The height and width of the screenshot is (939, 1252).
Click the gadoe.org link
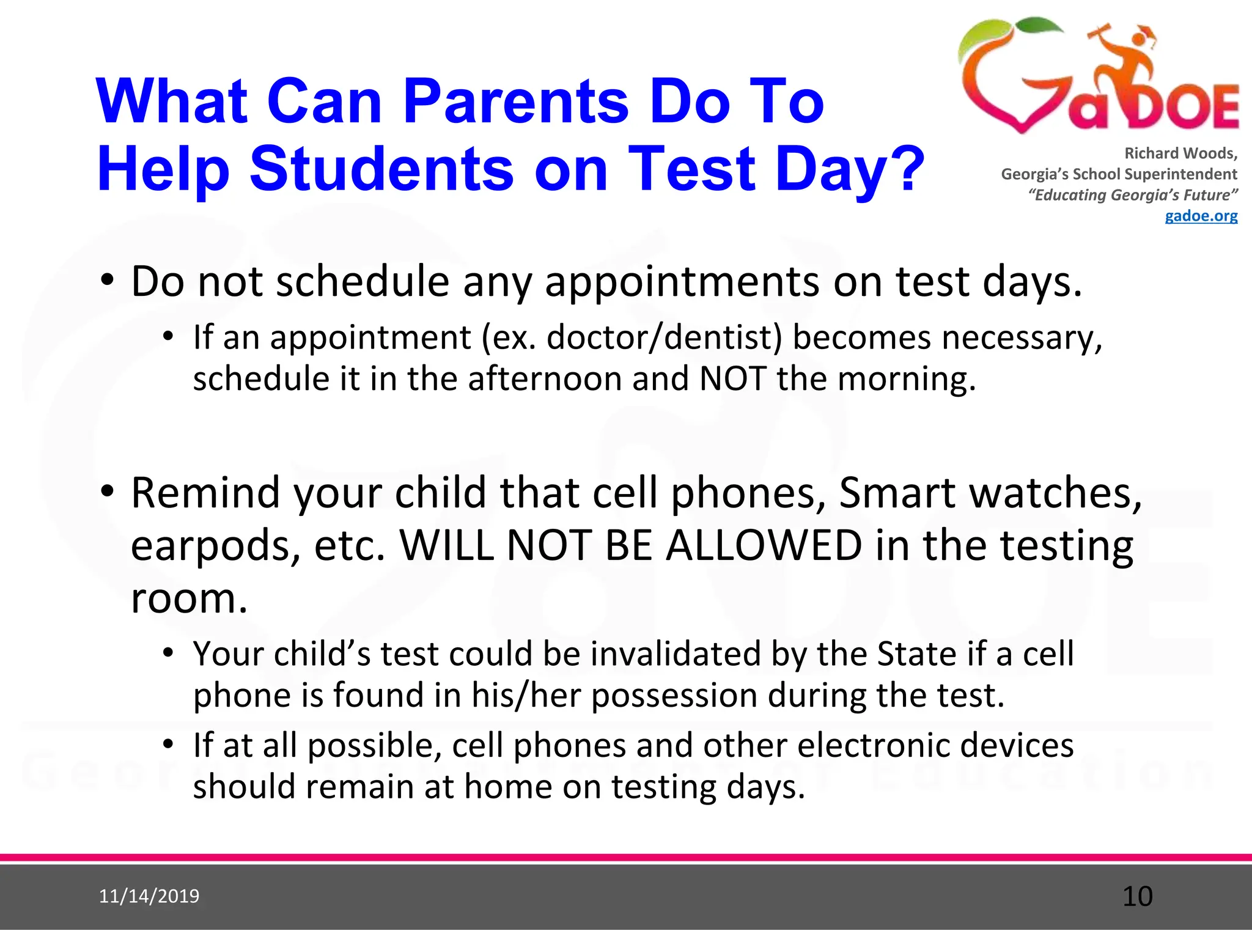(x=1201, y=216)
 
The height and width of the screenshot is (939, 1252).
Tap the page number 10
(x=1137, y=896)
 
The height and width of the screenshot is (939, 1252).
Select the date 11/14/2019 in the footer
(x=149, y=896)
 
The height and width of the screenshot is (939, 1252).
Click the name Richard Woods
(x=1180, y=153)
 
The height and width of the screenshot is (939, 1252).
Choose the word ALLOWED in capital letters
(x=764, y=545)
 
